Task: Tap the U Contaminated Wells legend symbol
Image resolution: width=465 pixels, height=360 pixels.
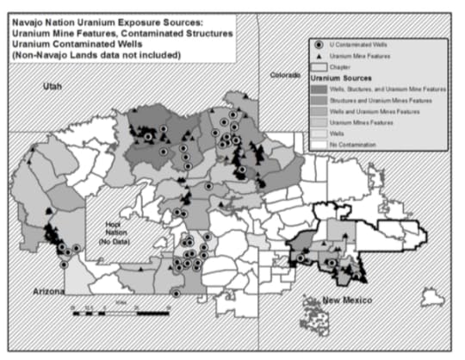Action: coord(319,43)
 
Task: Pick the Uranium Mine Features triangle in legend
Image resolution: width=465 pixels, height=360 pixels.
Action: coord(319,54)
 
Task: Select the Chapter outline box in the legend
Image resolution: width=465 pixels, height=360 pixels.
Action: coord(319,65)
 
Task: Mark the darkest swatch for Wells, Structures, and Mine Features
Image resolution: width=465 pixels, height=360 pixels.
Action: coord(319,88)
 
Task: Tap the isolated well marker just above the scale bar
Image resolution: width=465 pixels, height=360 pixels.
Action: coord(176,294)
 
